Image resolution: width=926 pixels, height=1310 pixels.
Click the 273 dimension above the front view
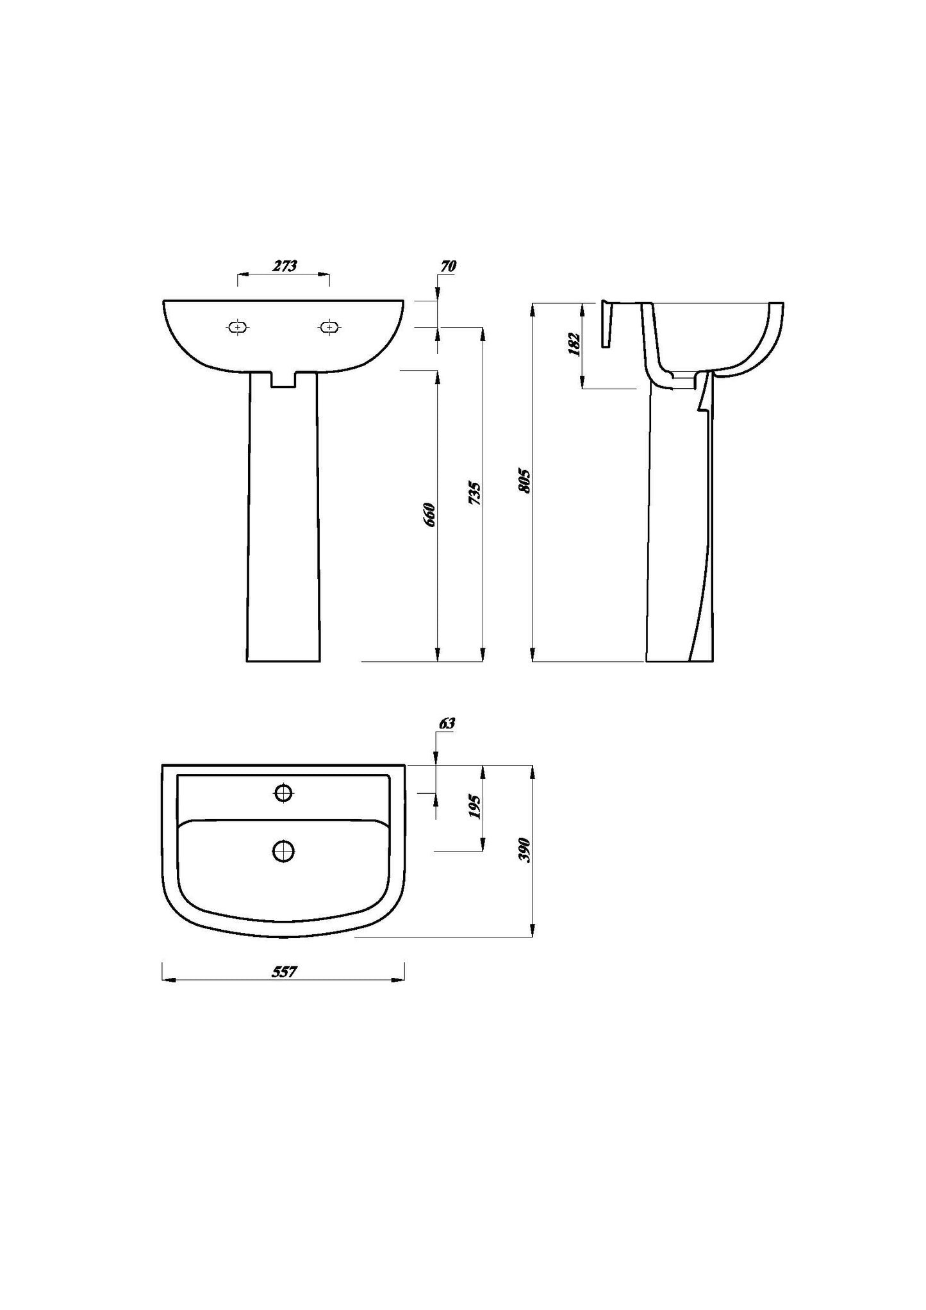(x=285, y=266)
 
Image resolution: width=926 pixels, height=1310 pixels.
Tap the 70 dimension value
(x=447, y=267)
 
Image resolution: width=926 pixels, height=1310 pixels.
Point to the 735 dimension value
(x=475, y=492)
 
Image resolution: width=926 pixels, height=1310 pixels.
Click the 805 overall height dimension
(x=525, y=481)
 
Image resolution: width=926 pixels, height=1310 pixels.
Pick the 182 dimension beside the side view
(x=574, y=344)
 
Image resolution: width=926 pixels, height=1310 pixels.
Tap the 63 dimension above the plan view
(x=447, y=723)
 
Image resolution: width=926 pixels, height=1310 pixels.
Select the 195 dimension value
(x=475, y=807)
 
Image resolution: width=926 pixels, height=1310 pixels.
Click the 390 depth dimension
(x=525, y=850)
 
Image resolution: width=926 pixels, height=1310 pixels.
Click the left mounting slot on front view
(x=238, y=327)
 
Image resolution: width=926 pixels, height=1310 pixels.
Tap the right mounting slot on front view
(x=329, y=327)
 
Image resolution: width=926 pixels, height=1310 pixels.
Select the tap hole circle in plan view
(x=283, y=793)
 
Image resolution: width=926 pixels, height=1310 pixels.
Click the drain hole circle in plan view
(x=283, y=851)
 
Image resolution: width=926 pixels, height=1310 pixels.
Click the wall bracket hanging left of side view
(x=607, y=324)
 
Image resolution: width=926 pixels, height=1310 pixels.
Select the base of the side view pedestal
(x=679, y=660)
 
